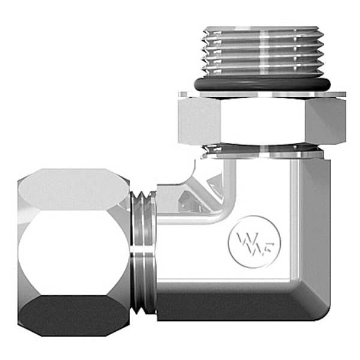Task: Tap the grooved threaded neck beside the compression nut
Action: [x=143, y=252]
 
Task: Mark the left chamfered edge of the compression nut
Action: [x=23, y=252]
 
